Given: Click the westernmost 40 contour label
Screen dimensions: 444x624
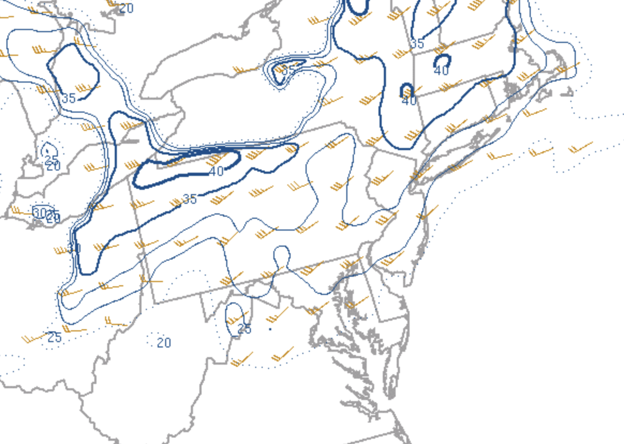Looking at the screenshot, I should [216, 172].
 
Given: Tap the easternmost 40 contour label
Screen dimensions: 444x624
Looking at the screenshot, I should [441, 71].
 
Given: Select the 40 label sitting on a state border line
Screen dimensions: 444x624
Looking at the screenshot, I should [409, 100].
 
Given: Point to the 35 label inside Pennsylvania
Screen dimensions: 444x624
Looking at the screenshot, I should [189, 199].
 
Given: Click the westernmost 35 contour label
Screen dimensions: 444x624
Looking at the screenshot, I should [68, 99].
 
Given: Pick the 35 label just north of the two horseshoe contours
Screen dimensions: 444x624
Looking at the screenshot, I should [417, 44].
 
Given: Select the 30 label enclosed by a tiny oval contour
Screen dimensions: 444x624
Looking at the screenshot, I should [39, 211].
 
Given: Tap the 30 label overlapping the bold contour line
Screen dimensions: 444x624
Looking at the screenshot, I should [74, 248].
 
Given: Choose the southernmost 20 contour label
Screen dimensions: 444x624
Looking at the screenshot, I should [164, 343].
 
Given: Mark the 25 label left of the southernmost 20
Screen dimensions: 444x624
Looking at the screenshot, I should [54, 338].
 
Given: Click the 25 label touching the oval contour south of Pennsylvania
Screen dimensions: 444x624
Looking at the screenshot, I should [244, 329].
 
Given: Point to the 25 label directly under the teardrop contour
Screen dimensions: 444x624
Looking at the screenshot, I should [51, 159].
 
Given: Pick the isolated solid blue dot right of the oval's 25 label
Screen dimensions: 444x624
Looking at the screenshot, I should [270, 329].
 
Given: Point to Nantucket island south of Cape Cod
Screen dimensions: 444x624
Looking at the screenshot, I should [569, 92].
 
